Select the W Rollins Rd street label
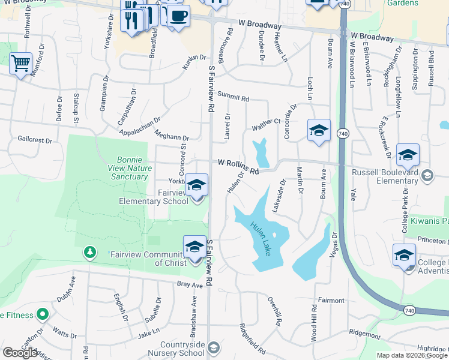(x=238, y=167)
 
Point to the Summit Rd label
(x=233, y=97)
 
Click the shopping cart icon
(x=21, y=63)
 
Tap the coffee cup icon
(x=178, y=16)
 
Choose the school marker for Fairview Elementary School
(x=196, y=185)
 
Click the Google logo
(x=20, y=353)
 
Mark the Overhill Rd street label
(x=275, y=311)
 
